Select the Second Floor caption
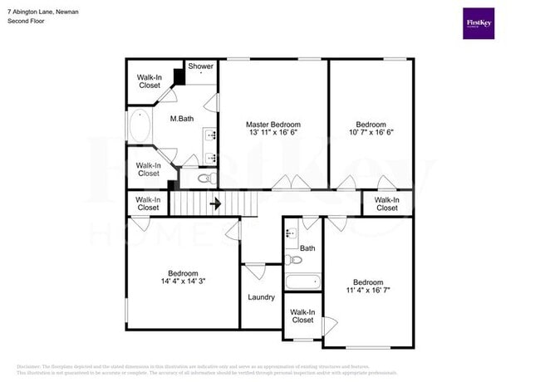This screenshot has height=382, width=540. pyautogui.click(x=26, y=22)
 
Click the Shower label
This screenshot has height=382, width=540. pyautogui.click(x=200, y=66)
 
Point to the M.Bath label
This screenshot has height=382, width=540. pyautogui.click(x=182, y=119)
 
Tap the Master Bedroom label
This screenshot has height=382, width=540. pyautogui.click(x=273, y=124)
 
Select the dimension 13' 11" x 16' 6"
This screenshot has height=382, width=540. pyautogui.click(x=273, y=133)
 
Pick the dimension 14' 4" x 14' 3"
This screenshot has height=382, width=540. pyautogui.click(x=183, y=282)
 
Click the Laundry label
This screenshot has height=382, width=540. pyautogui.click(x=261, y=296)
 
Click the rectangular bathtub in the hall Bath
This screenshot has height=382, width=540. pyautogui.click(x=302, y=282)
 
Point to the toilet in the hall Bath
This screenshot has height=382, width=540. pyautogui.click(x=293, y=260)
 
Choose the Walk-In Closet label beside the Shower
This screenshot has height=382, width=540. pyautogui.click(x=150, y=81)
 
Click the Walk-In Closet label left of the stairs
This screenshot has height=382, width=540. pyautogui.click(x=148, y=203)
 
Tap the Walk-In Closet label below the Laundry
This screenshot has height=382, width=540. pyautogui.click(x=302, y=316)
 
